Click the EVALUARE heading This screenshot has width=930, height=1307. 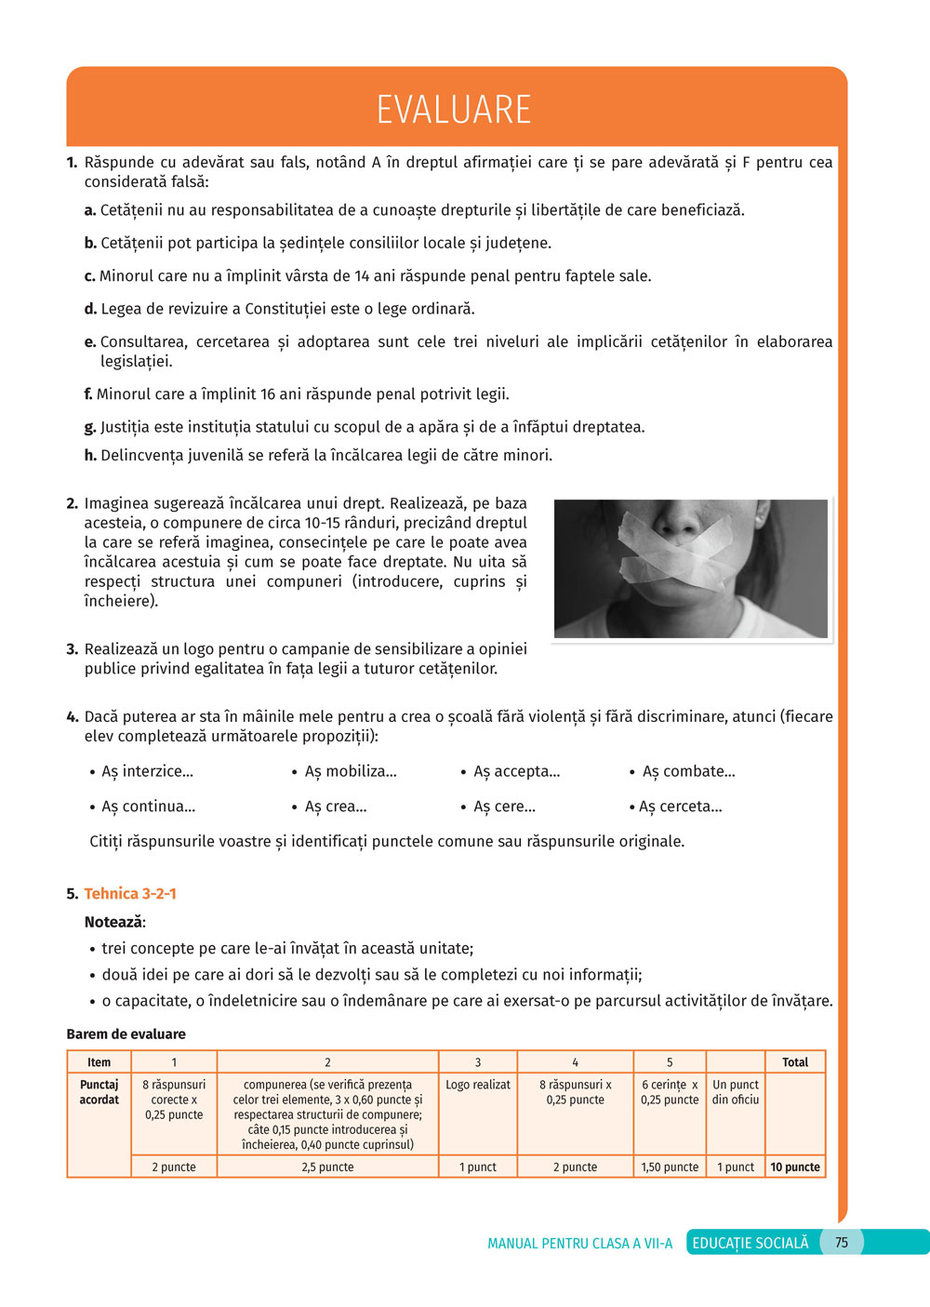pyautogui.click(x=454, y=110)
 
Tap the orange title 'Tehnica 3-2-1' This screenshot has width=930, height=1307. pyautogui.click(x=130, y=894)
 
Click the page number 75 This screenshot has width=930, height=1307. pyautogui.click(x=842, y=1243)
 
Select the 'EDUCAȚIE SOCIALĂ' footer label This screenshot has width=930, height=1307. pyautogui.click(x=750, y=1243)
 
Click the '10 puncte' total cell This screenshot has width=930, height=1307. pyautogui.click(x=795, y=1167)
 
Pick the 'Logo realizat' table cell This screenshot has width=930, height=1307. pyautogui.click(x=478, y=1085)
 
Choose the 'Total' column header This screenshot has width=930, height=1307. pyautogui.click(x=795, y=1062)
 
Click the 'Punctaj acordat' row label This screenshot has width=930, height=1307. pyautogui.click(x=100, y=1092)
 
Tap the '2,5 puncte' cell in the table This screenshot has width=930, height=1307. pyautogui.click(x=327, y=1167)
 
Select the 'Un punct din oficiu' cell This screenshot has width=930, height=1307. pyautogui.click(x=736, y=1092)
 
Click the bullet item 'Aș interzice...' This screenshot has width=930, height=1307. pyautogui.click(x=147, y=772)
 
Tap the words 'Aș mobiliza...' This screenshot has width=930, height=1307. pyautogui.click(x=351, y=772)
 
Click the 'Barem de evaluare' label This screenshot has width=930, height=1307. pyautogui.click(x=126, y=1034)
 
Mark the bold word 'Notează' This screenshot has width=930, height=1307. pyautogui.click(x=114, y=923)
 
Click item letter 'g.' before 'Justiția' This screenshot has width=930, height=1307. pyautogui.click(x=90, y=428)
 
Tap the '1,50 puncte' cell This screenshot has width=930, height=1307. pyautogui.click(x=670, y=1167)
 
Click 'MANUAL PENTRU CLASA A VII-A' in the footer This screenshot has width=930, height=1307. pyautogui.click(x=579, y=1244)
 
